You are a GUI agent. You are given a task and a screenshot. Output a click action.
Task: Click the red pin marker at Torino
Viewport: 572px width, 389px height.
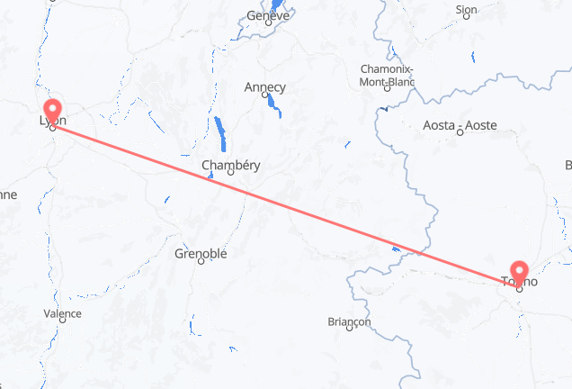point(520,272)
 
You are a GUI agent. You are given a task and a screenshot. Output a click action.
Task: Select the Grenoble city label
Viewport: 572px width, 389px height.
point(201,254)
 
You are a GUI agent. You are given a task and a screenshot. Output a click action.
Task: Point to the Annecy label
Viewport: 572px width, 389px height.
point(264,87)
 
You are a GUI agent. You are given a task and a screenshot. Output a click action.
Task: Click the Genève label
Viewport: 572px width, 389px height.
point(268,16)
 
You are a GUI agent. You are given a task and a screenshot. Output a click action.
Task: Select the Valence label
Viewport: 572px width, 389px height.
point(62,313)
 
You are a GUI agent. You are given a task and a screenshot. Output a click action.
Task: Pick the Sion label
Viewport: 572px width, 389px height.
point(466,11)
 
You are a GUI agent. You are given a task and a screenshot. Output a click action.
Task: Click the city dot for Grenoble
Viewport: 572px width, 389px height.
point(201,265)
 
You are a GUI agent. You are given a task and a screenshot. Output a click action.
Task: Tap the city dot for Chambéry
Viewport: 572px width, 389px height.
point(229,174)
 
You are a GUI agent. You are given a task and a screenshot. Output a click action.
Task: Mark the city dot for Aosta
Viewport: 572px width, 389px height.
point(460,133)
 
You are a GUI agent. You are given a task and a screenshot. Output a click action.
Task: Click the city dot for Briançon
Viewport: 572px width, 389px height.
point(348,330)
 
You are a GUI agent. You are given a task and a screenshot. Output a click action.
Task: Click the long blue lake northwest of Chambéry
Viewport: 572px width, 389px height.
point(220,135)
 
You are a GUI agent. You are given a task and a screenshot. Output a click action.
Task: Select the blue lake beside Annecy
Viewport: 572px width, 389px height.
point(273,107)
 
